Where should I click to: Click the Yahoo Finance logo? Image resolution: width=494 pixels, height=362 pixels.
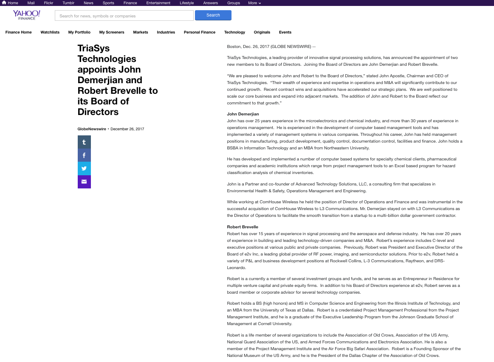pos(26,15)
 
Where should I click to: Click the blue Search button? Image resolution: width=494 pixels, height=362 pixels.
pos(213,15)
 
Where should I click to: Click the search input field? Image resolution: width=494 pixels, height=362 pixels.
pos(124,16)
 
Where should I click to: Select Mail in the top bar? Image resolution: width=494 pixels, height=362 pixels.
pos(31,3)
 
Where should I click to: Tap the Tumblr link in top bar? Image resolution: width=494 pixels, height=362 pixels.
pos(68,3)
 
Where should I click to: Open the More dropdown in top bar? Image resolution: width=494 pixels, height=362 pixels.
pos(254,3)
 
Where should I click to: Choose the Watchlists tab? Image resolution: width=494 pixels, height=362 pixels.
pos(50,32)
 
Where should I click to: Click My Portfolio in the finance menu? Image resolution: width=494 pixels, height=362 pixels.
pos(79,32)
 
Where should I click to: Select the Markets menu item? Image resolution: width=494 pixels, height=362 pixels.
pos(141,32)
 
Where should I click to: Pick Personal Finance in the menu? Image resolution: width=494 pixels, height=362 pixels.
pos(200,32)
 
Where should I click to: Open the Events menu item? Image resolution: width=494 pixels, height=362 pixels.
pos(285,32)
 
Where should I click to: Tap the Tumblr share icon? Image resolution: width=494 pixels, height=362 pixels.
pos(84,142)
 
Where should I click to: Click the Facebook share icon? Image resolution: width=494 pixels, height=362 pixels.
pos(84,155)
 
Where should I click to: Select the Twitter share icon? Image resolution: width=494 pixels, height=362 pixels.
pos(84,168)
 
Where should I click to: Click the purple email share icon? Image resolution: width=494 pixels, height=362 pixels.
pos(84,182)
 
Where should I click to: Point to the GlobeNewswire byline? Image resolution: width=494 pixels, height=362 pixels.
pos(92,129)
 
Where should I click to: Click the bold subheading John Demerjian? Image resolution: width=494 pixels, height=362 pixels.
pos(243,114)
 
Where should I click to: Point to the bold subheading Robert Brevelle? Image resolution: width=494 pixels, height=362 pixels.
pos(243,227)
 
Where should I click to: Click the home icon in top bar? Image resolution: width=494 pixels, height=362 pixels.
pos(4,3)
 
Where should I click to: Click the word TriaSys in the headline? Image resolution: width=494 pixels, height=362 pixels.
pos(94,48)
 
